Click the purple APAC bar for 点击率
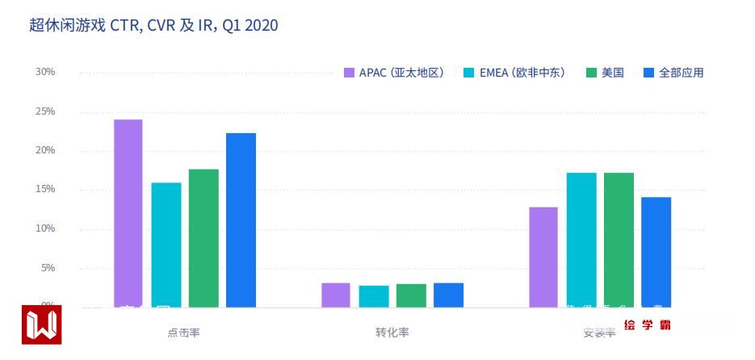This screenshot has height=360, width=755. tap(128, 213)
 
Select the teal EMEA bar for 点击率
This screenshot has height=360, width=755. tap(166, 245)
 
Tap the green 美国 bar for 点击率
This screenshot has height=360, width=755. tap(203, 238)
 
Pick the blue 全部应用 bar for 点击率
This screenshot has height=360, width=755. tap(241, 220)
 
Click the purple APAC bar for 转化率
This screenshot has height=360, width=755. tap(335, 295)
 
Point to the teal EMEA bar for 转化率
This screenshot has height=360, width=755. tap(373, 296)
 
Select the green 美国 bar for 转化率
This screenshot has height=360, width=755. tap(411, 295)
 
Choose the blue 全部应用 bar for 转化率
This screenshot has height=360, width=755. tap(448, 295)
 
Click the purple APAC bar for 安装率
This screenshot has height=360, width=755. tap(543, 257)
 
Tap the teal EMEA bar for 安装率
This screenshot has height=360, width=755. tap(581, 240)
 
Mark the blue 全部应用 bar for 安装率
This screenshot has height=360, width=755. tap(656, 252)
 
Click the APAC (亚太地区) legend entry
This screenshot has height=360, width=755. tap(393, 73)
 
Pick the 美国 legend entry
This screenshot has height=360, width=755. tap(606, 73)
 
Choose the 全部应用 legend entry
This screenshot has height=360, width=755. tap(673, 73)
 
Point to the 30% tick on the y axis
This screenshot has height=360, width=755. tap(45, 72)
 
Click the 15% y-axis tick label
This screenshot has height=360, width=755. tap(45, 189)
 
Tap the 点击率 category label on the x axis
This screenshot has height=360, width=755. tap(183, 333)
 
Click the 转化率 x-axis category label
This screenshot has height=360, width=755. tap(392, 333)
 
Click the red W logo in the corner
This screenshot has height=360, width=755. tap(41, 324)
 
